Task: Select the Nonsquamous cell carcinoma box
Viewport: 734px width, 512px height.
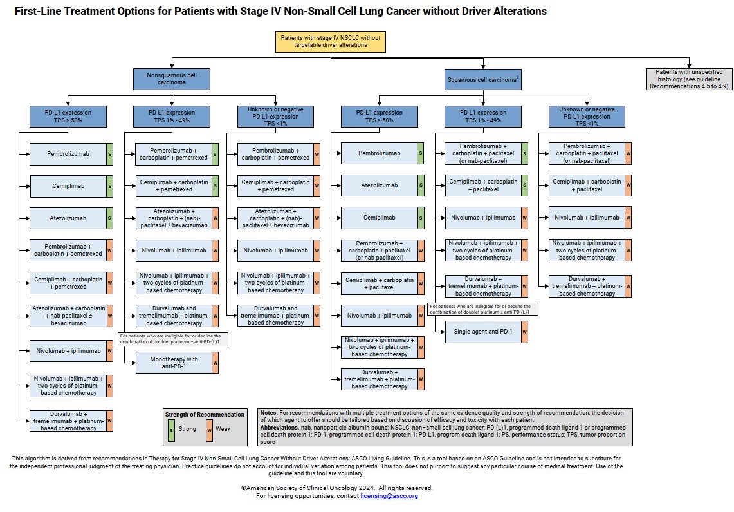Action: pos(172,79)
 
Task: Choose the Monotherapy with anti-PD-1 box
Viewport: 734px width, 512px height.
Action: pos(170,362)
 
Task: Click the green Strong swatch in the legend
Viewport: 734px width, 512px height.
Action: pos(170,428)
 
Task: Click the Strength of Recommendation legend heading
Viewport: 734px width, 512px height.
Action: pos(204,414)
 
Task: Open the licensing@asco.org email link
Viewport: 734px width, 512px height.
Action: pos(389,496)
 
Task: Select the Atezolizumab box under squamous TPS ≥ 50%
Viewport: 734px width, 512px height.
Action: pos(378,185)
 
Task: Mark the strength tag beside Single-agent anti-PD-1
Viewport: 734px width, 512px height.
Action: pos(525,331)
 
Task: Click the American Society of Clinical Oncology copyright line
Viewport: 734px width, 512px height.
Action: pos(337,488)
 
